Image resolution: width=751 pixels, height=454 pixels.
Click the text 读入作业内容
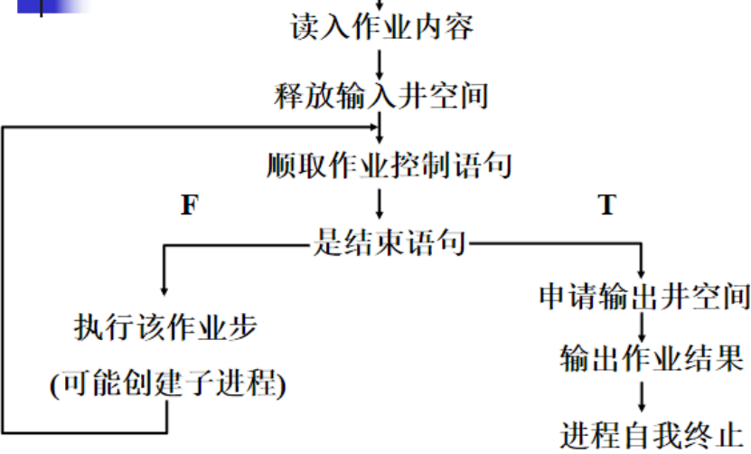pos(381,27)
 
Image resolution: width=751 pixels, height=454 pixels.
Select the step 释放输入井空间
pos(381,95)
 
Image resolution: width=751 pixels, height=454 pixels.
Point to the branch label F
pos(189,205)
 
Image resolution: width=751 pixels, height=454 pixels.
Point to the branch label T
pos(606,205)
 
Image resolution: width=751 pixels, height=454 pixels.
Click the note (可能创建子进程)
pos(168,384)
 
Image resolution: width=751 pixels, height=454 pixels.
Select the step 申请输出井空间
pos(644,297)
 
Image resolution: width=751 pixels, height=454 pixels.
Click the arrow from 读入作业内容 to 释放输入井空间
pos(380,61)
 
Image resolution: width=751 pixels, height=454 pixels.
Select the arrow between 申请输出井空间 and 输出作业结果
pos(642,326)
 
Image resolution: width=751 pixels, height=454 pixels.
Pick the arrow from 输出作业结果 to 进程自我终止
pos(642,396)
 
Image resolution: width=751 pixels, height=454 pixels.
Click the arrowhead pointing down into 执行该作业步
pos(163,288)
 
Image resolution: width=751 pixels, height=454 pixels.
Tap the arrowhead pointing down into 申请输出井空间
pos(642,273)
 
